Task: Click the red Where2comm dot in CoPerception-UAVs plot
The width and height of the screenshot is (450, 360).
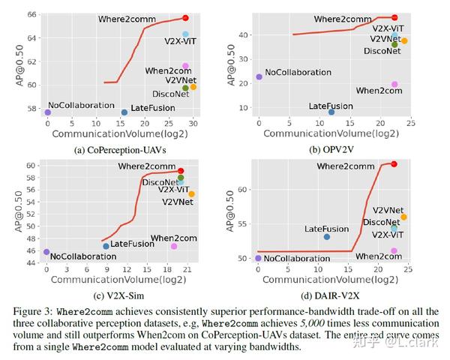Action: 185,17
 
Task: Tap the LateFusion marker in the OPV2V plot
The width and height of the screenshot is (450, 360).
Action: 331,112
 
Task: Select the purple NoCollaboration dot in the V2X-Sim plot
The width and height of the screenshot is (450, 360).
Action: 46,252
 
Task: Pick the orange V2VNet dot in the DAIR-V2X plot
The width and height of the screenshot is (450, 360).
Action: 403,217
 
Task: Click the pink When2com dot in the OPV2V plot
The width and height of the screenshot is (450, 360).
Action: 394,84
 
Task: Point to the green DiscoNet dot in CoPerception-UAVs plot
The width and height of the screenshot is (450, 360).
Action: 185,88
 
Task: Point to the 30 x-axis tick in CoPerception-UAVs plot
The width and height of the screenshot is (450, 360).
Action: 193,123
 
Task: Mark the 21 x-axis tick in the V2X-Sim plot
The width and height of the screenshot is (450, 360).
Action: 191,268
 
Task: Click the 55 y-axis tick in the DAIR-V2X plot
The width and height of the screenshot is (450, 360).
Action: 241,223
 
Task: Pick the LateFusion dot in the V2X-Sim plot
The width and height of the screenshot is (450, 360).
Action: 106,246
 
